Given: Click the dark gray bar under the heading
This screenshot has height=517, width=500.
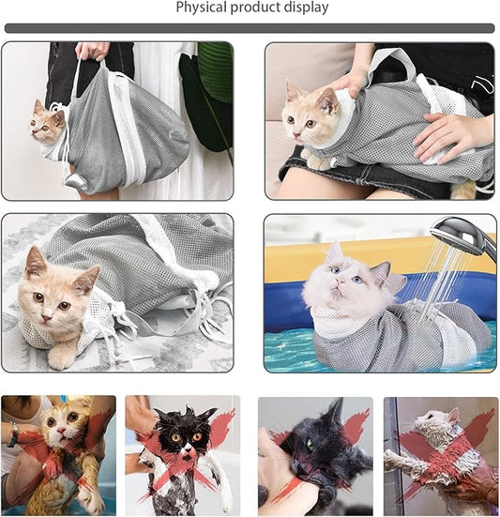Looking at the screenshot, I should click(250, 28).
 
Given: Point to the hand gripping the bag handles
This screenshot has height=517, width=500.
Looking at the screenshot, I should click(92, 51).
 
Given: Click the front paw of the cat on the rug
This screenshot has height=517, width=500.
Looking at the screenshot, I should click(61, 357).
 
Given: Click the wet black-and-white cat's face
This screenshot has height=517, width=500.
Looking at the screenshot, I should click(179, 437).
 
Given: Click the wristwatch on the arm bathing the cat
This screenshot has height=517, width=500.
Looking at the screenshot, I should click(12, 433).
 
